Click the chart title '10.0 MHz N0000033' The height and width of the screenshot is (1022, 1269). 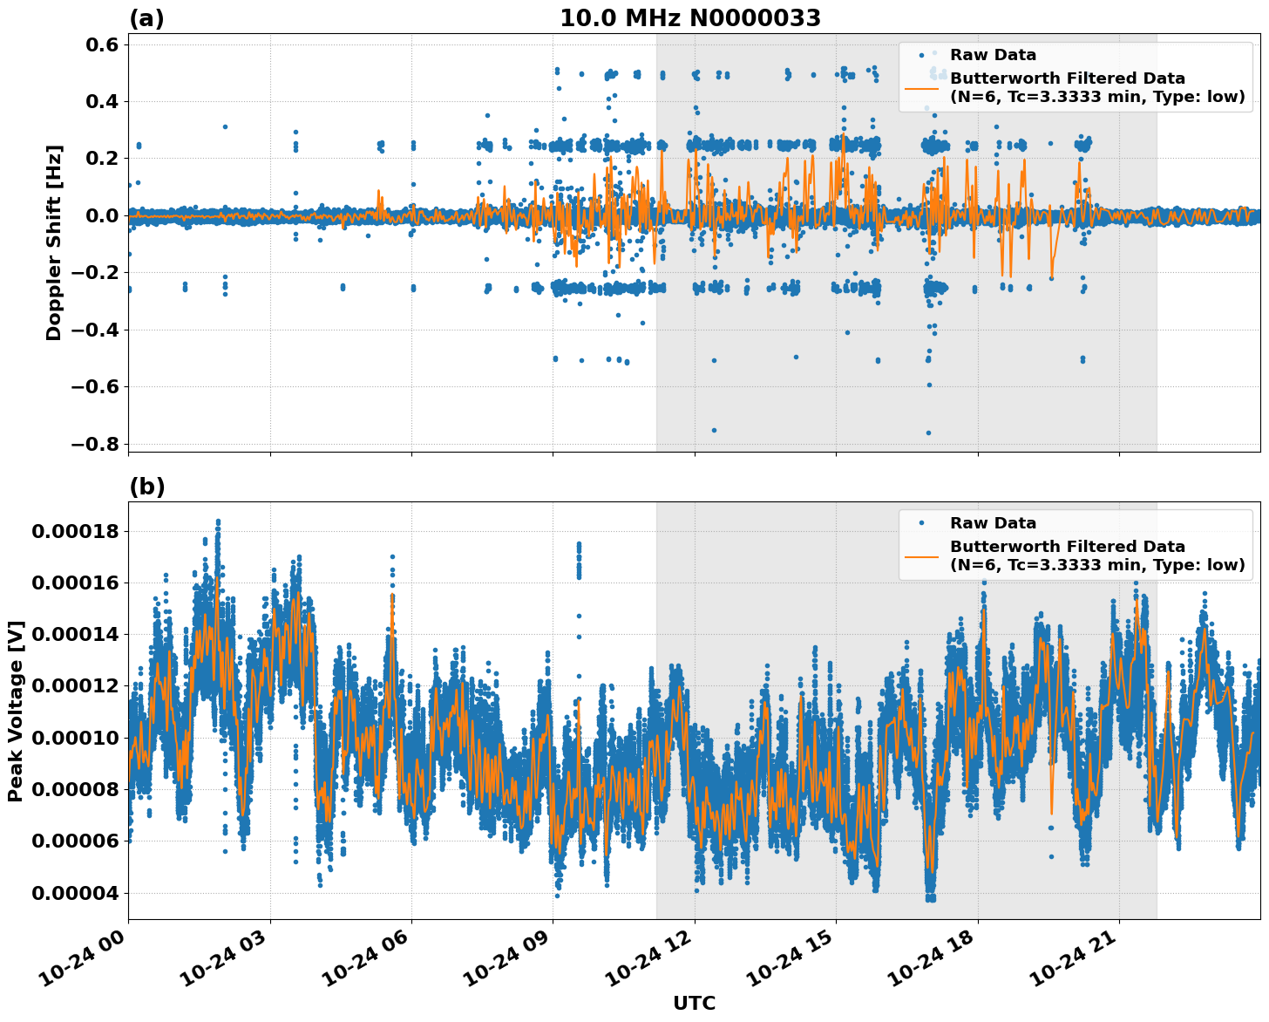point(689,18)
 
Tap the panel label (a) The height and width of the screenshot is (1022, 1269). point(146,18)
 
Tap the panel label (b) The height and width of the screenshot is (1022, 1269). point(146,487)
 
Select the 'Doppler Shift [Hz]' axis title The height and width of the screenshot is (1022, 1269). point(54,242)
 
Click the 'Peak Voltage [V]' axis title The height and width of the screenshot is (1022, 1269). point(15,711)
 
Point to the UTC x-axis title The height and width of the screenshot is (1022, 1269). point(694,1003)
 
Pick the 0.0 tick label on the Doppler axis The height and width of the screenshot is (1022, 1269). point(98,215)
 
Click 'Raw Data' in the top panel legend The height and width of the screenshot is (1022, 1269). point(993,55)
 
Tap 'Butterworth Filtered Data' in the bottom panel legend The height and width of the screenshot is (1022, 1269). point(1067,547)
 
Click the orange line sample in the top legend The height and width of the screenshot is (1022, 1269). point(921,87)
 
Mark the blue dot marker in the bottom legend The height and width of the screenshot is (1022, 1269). point(921,523)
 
